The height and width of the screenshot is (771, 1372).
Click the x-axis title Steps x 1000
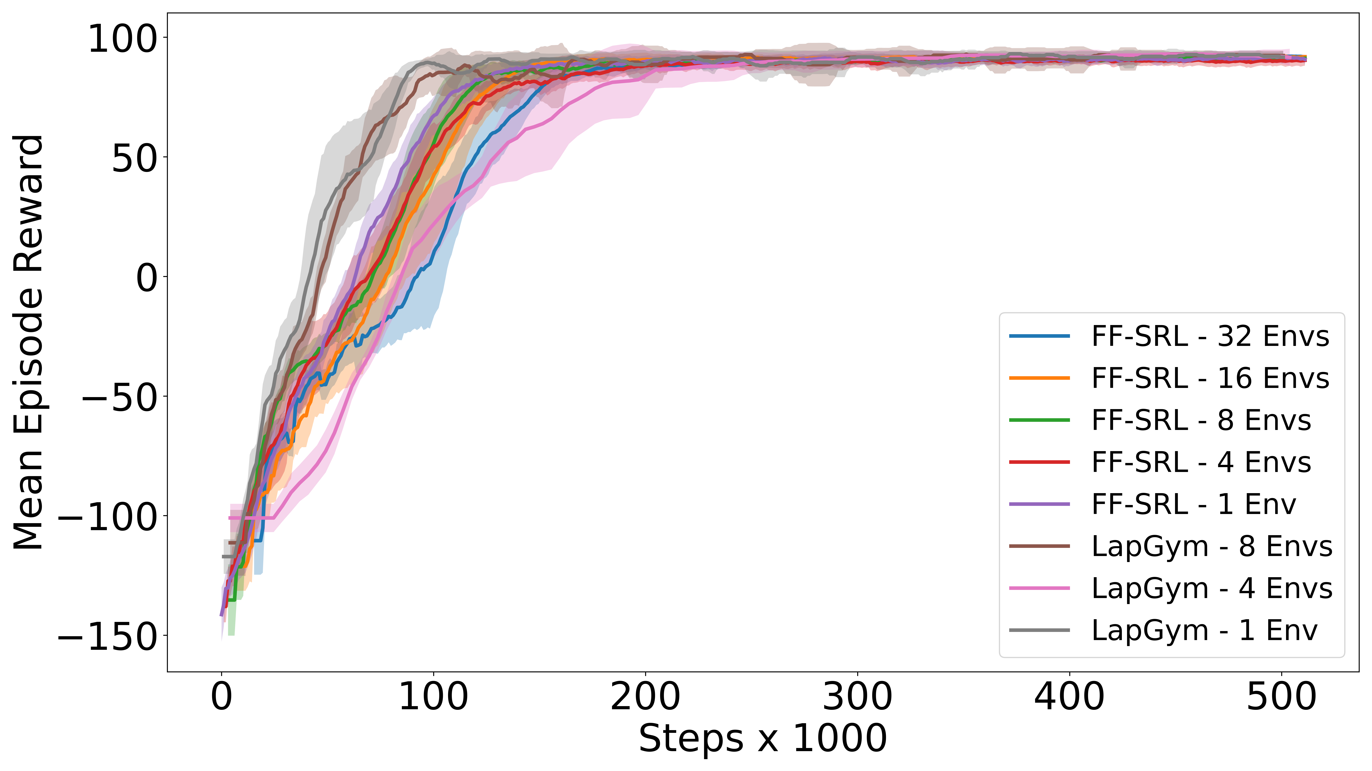pos(763,739)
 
